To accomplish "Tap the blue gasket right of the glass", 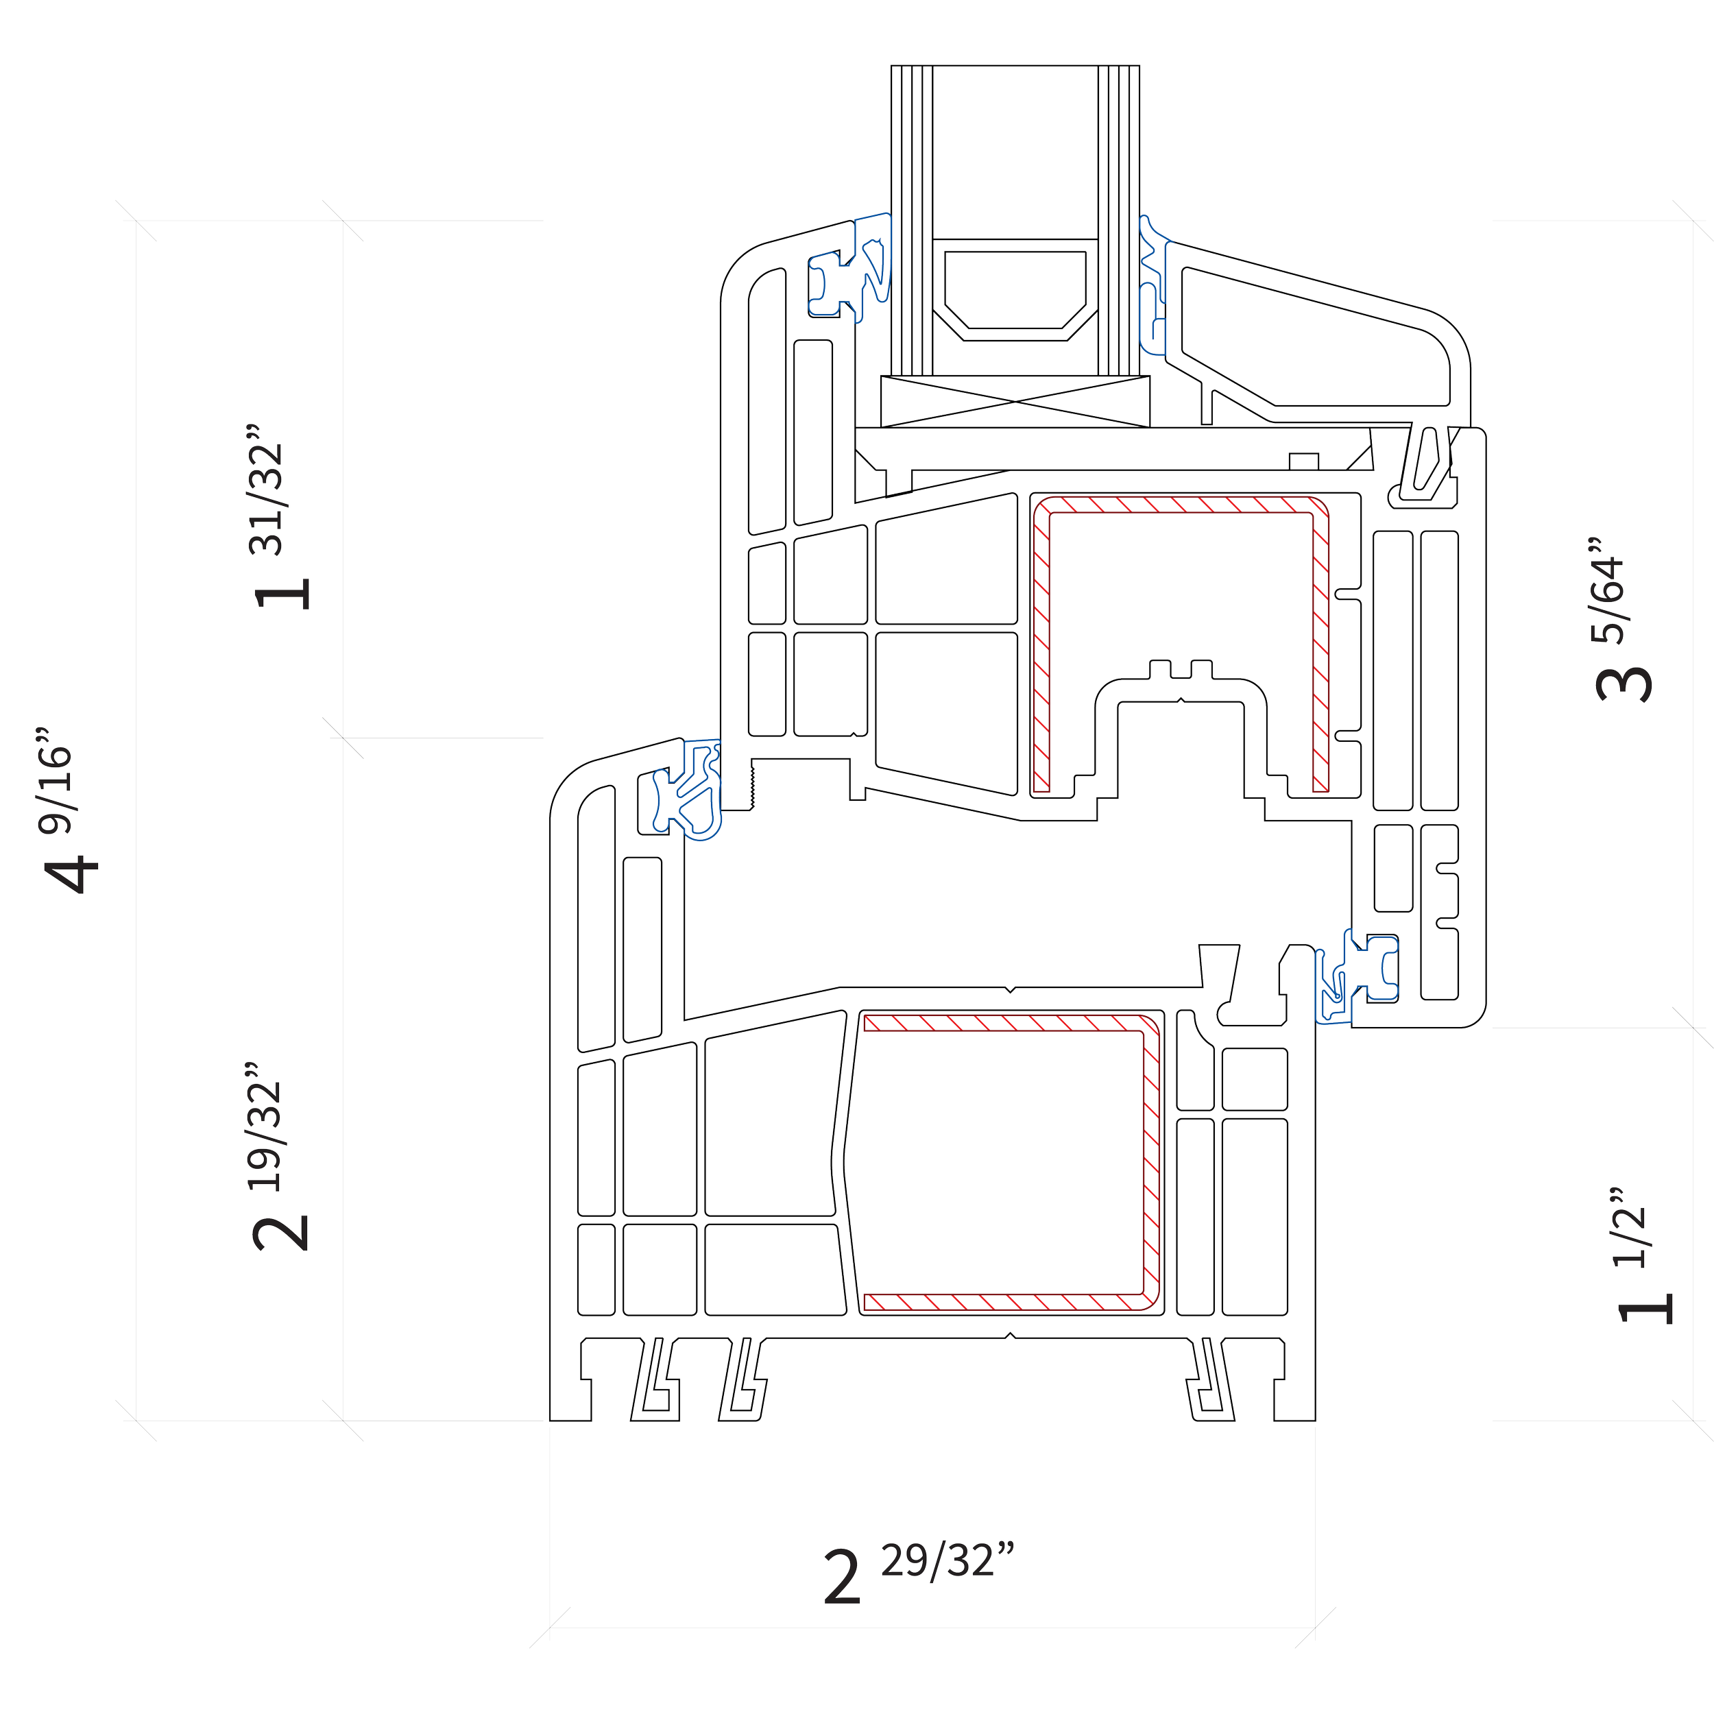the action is pyautogui.click(x=1153, y=284).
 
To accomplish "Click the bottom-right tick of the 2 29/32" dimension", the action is pyautogui.click(x=1315, y=1628).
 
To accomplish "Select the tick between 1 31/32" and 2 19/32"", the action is pyautogui.click(x=344, y=738).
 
